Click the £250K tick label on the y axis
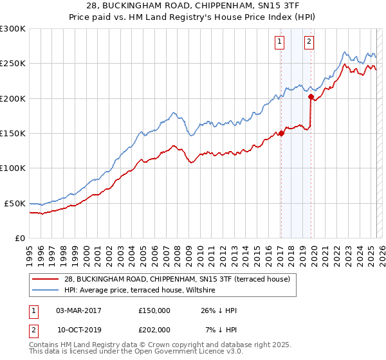coord(13,64)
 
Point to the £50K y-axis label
coord(15,203)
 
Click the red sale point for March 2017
coord(281,134)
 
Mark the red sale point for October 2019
coord(311,98)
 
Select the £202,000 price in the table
coord(154,329)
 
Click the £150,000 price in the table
coord(154,310)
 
